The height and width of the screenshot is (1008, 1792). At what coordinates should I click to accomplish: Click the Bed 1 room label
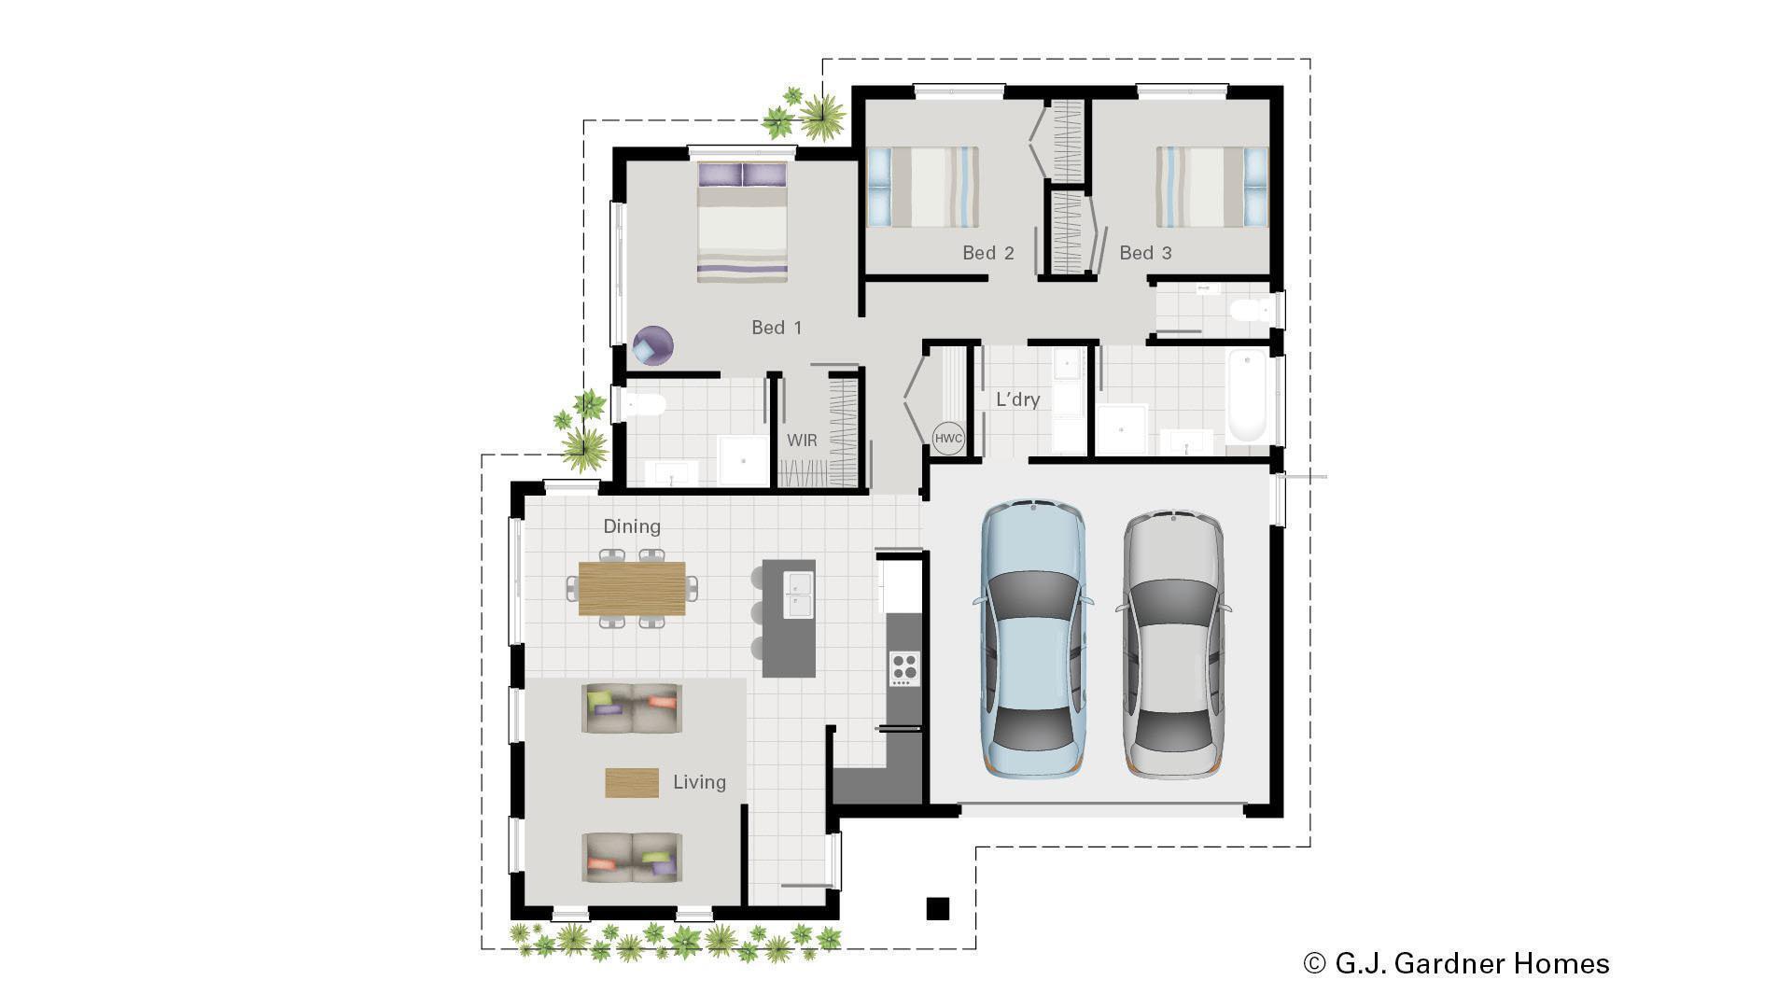[x=777, y=328]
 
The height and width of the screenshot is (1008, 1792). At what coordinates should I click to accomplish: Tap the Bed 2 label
[x=987, y=253]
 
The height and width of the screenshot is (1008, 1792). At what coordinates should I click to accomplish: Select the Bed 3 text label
[x=1145, y=253]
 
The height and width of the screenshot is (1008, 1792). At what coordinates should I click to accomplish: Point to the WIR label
[x=802, y=441]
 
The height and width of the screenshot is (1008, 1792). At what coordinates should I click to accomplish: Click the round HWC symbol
[x=948, y=439]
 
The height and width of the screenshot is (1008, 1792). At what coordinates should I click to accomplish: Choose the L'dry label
[x=1017, y=399]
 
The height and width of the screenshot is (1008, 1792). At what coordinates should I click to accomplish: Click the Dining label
[x=632, y=526]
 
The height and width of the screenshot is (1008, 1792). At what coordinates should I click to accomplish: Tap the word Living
[x=699, y=782]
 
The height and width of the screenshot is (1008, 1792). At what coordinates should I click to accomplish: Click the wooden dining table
[x=632, y=588]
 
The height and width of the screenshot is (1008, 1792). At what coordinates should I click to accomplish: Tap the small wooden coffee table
[x=632, y=782]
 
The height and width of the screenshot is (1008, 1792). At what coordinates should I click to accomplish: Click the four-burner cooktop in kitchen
[x=903, y=668]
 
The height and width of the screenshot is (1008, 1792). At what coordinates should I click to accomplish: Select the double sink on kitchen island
[x=799, y=595]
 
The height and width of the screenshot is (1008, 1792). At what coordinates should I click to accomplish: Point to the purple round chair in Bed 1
[x=652, y=345]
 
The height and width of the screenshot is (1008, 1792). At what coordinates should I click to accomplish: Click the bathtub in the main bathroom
[x=1247, y=395]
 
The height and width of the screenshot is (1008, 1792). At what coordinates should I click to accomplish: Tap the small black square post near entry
[x=937, y=908]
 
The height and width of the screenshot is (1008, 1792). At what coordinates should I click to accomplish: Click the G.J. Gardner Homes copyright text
[x=1456, y=963]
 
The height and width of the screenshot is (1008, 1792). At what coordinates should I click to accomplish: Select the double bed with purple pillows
[x=743, y=222]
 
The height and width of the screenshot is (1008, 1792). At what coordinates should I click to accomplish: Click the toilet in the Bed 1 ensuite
[x=645, y=404]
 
